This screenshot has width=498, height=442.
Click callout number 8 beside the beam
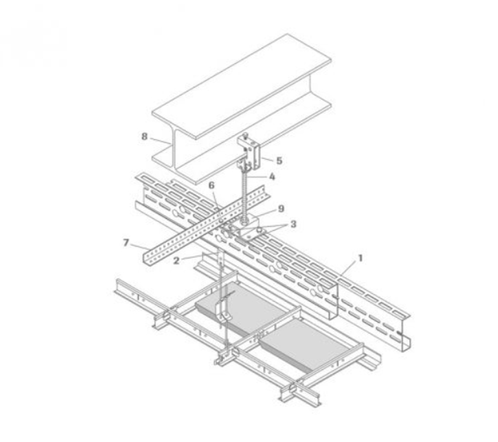click(x=144, y=136)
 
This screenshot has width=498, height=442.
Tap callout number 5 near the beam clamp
click(x=279, y=160)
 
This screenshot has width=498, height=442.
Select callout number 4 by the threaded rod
click(x=272, y=176)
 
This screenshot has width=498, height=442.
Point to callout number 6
click(x=212, y=185)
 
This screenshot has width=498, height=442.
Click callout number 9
click(x=281, y=209)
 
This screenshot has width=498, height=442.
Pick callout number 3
click(x=293, y=224)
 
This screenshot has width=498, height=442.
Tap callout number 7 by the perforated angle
click(x=126, y=243)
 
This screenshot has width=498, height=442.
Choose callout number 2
click(x=177, y=261)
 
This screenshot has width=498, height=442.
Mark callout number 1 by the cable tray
click(x=360, y=258)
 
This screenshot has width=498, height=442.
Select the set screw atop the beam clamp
click(x=245, y=136)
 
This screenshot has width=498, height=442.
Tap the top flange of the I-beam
click(x=242, y=86)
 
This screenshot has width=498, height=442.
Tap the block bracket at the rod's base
click(x=248, y=226)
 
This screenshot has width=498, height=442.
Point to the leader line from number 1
click(x=349, y=268)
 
